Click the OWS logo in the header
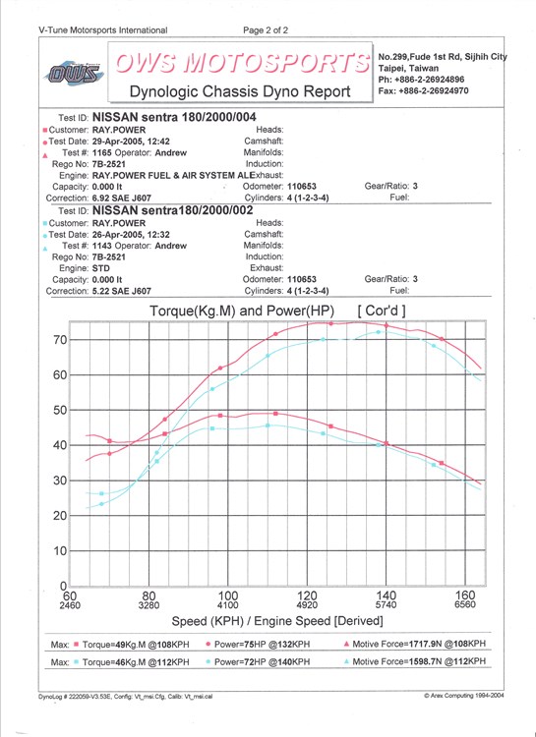point(74,74)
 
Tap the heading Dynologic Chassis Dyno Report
point(240,90)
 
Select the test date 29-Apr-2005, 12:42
point(131,141)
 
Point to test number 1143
point(101,246)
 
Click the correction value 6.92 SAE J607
point(121,198)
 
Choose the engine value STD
point(100,268)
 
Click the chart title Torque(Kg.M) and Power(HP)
point(242,311)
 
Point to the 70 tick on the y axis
point(59,339)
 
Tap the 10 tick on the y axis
point(59,550)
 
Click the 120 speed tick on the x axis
point(307,596)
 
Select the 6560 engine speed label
point(465,605)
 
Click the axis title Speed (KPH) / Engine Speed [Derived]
point(277,621)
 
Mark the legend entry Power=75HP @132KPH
point(263,645)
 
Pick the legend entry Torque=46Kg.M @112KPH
point(136,662)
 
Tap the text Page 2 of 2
point(266,30)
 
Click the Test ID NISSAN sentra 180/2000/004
point(174,117)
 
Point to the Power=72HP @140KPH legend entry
point(263,662)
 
